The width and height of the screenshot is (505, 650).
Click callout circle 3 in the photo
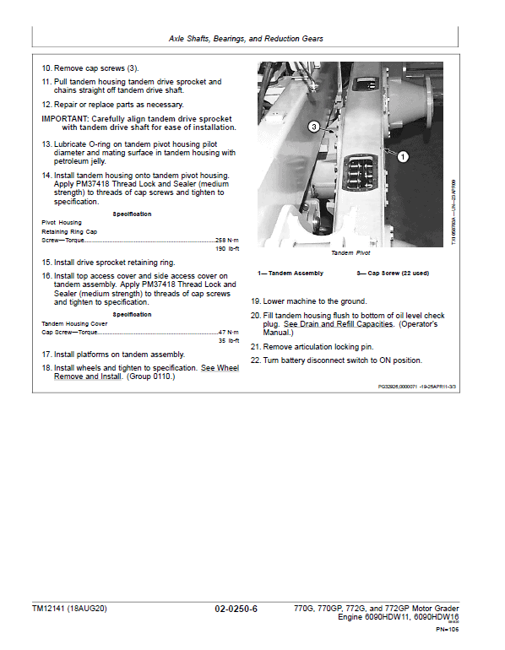(313, 127)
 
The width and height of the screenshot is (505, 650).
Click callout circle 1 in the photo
(402, 156)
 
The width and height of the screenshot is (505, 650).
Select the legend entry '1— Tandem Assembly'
(291, 273)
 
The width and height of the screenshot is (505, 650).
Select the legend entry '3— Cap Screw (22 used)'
(392, 273)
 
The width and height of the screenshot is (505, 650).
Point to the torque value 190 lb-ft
(228, 249)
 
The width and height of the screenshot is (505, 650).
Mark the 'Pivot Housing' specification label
(62, 222)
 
